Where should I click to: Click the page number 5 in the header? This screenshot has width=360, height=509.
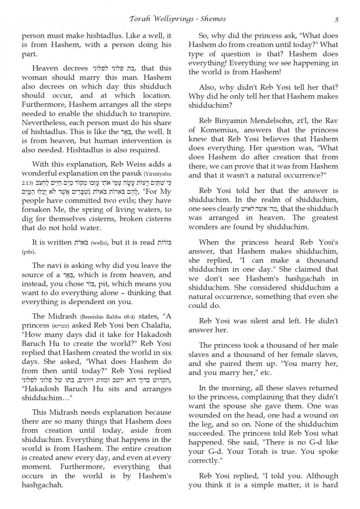pyautogui.click(x=336, y=19)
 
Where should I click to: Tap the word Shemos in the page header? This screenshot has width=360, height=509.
pyautogui.click(x=214, y=19)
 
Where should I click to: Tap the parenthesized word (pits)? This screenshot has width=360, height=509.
pyautogui.click(x=29, y=252)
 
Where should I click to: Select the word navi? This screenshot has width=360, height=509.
pyautogui.click(x=52, y=266)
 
